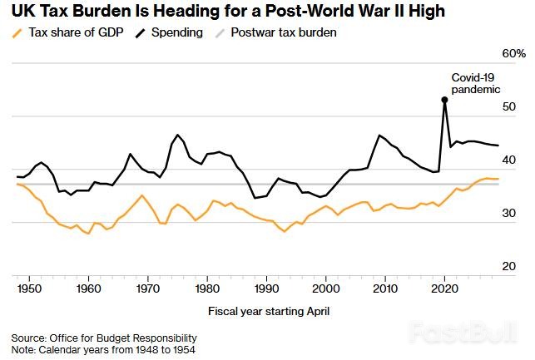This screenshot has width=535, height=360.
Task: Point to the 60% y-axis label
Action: (x=514, y=53)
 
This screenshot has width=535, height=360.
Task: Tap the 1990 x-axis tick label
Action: (x=266, y=288)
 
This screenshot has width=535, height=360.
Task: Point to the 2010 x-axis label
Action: (x=385, y=288)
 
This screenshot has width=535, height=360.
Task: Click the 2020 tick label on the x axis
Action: (x=444, y=288)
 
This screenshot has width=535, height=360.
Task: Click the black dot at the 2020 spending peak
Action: (x=444, y=100)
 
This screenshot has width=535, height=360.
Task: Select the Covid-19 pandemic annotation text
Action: (x=475, y=82)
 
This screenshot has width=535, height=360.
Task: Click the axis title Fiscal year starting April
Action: (x=267, y=311)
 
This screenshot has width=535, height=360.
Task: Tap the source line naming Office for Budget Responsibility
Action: (x=104, y=338)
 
